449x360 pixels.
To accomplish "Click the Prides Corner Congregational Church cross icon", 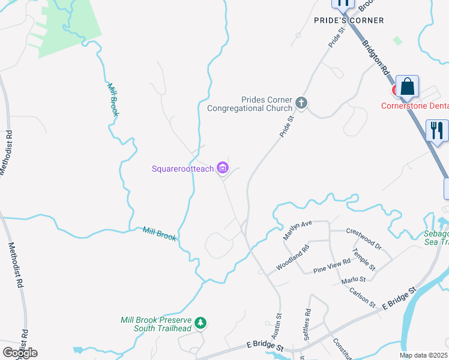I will point(301,104).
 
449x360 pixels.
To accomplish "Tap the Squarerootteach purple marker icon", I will point(223,169).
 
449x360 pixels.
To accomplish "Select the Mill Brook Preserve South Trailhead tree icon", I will point(200,323).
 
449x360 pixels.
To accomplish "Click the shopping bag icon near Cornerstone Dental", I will point(408,87).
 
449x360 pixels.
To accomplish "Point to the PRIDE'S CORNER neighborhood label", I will point(349,20).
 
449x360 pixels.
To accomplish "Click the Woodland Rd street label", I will point(292,257).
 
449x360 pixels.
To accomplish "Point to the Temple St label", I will point(364,259).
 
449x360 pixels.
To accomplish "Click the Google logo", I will point(20,353).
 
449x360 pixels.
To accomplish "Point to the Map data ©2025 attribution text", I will point(423,355).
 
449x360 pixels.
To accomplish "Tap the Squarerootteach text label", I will point(183,169).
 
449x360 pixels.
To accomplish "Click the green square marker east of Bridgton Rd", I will point(397,41).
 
